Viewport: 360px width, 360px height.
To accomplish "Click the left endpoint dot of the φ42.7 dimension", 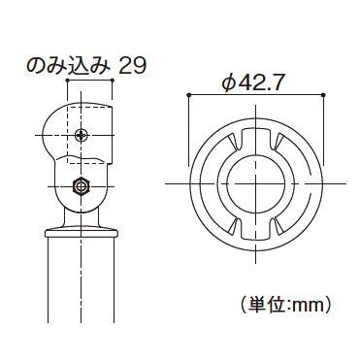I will pyautogui.click(x=186, y=95).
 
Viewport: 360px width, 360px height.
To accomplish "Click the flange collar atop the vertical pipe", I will pyautogui.click(x=82, y=231).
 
